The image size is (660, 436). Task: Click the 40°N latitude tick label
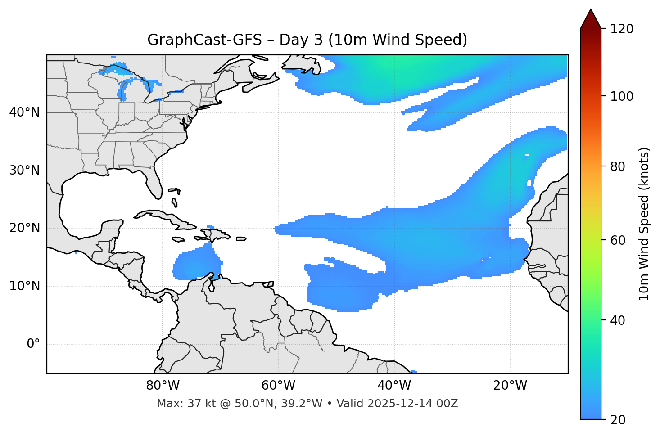[x=24, y=112]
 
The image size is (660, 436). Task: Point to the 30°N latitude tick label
[x=24, y=171]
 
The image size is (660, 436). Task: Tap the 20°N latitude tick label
[x=24, y=228]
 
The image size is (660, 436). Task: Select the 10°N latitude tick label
[x=24, y=286]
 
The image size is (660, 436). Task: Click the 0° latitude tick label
[x=33, y=344]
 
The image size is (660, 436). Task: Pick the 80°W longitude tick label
[x=163, y=386]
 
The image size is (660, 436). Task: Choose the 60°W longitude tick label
[x=278, y=386]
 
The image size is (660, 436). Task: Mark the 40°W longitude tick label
[x=394, y=386]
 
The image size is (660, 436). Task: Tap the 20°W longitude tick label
[x=510, y=386]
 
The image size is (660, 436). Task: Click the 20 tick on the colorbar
[x=618, y=420]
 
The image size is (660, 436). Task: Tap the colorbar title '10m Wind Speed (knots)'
[x=644, y=224]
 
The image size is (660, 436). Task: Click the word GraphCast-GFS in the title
[x=204, y=40]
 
